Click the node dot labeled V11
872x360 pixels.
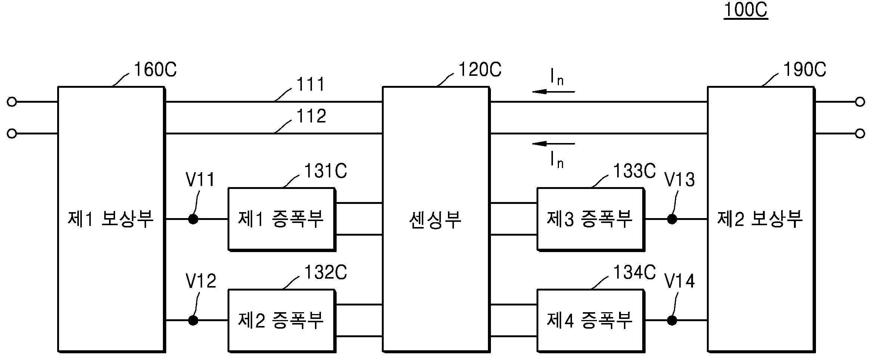pos(193,219)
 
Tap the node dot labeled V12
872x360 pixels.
pos(193,320)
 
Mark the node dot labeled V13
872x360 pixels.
pos(672,219)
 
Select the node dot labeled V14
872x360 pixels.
pos(672,320)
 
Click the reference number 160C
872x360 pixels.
pos(155,70)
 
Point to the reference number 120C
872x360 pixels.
pos(480,70)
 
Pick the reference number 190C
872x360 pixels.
pos(804,70)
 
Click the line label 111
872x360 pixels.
pos(311,85)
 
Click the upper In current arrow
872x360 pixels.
pos(553,91)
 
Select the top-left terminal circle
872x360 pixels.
pos(12,102)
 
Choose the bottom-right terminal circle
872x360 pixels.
pos(860,133)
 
